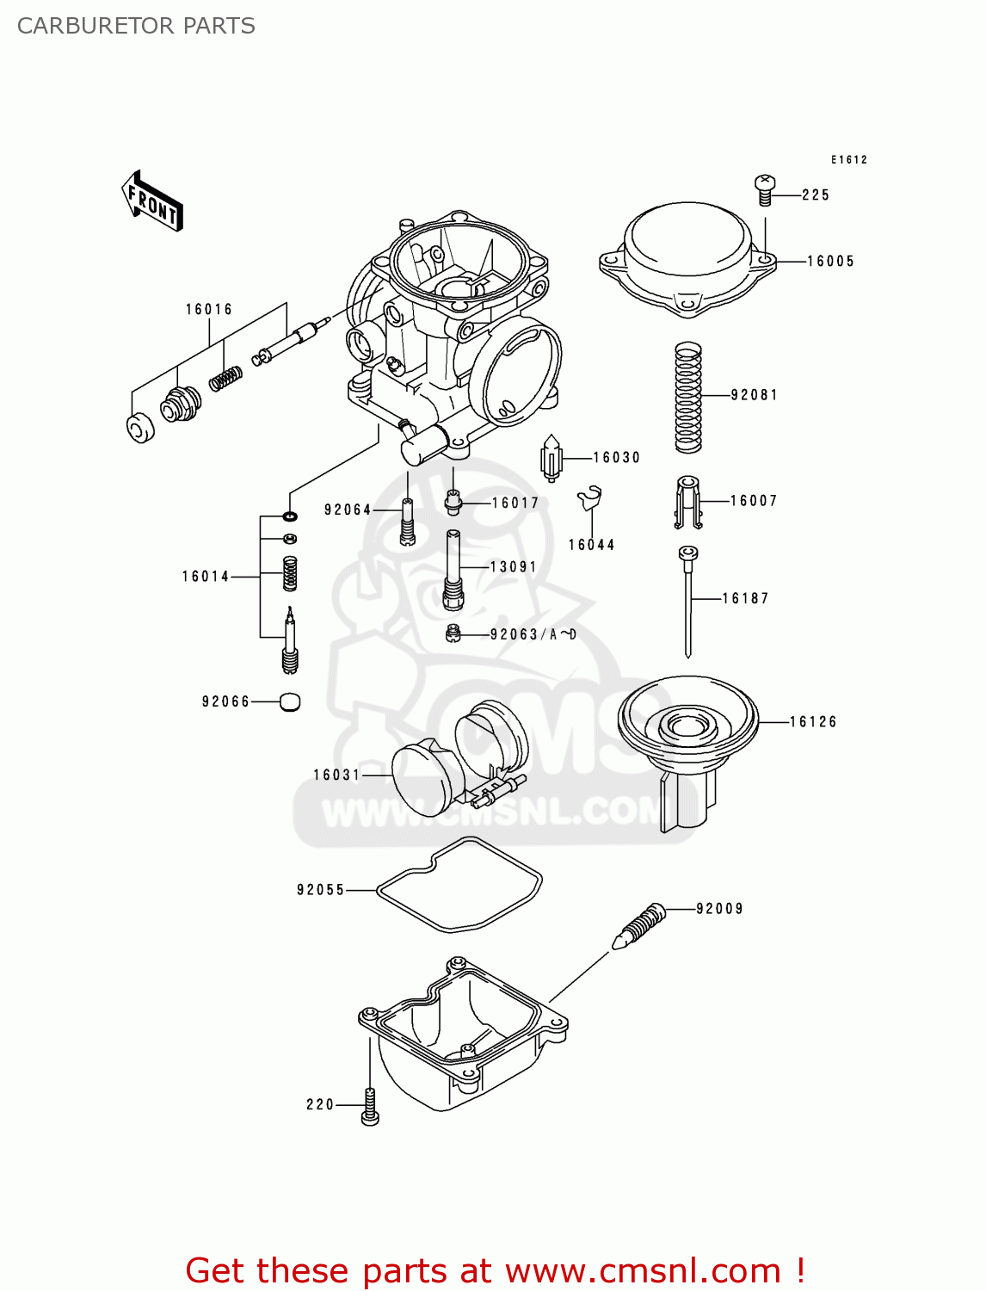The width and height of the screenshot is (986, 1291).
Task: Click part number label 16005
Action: tap(830, 261)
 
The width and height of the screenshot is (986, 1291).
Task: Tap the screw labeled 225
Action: tap(764, 189)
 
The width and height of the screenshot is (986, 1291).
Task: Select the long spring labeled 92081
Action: tap(687, 397)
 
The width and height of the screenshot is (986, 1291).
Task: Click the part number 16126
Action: tap(813, 722)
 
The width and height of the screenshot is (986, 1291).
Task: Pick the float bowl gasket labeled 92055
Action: tap(460, 886)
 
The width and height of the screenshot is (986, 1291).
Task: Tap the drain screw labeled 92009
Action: tap(641, 926)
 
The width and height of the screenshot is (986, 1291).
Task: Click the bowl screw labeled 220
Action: tap(370, 1106)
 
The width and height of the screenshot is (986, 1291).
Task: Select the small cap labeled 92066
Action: tap(290, 702)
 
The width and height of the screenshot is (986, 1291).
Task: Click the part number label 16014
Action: tap(206, 577)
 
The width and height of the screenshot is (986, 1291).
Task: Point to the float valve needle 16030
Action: tap(551, 459)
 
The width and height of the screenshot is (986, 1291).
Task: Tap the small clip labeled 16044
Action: tap(590, 499)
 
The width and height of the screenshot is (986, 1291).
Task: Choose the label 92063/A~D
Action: tap(533, 635)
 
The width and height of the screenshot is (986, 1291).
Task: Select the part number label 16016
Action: tap(209, 309)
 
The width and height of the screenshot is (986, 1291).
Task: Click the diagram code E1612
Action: tap(848, 160)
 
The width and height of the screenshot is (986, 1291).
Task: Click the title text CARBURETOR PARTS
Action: tap(136, 26)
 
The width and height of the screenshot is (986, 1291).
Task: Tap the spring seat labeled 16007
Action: tap(687, 502)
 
